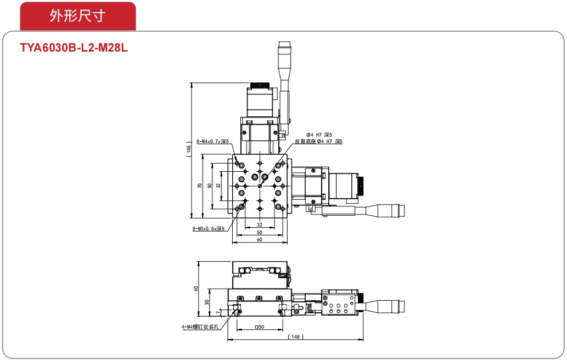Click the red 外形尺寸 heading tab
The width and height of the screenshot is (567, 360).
(x=78, y=16)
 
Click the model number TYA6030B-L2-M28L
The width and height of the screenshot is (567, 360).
(x=74, y=48)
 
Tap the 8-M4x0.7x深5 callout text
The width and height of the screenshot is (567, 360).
(x=212, y=142)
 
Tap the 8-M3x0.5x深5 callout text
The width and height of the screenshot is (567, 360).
(x=208, y=228)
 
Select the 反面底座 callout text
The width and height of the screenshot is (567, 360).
(x=305, y=142)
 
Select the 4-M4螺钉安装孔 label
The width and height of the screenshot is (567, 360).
(x=200, y=327)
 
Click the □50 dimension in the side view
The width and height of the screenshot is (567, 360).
(x=259, y=327)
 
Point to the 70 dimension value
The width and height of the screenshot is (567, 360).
(x=199, y=186)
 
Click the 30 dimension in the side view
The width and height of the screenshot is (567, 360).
(x=207, y=302)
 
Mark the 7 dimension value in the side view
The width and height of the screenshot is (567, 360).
(x=218, y=312)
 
